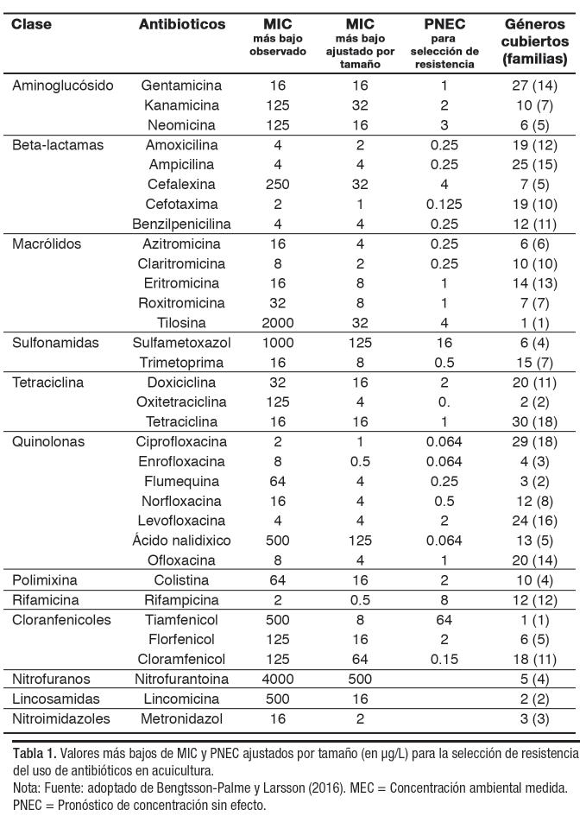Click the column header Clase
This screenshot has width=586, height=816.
coord(33,24)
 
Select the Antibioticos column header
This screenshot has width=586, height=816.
coord(181,24)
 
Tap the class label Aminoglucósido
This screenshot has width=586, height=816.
coord(63,85)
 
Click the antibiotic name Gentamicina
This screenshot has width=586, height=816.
coord(181,85)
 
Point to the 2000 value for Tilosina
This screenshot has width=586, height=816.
coord(278,323)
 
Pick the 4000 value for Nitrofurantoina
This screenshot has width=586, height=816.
coord(278,679)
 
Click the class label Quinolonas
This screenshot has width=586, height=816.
coord(48,441)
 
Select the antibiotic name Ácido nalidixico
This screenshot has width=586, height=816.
coord(181,541)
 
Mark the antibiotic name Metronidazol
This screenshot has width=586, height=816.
coord(181,718)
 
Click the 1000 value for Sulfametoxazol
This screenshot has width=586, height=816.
coord(278,343)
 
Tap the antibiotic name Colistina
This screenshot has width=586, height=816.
coord(181,579)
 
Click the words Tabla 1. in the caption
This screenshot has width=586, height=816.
coord(33,753)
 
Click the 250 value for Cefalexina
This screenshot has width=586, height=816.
coord(278,185)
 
